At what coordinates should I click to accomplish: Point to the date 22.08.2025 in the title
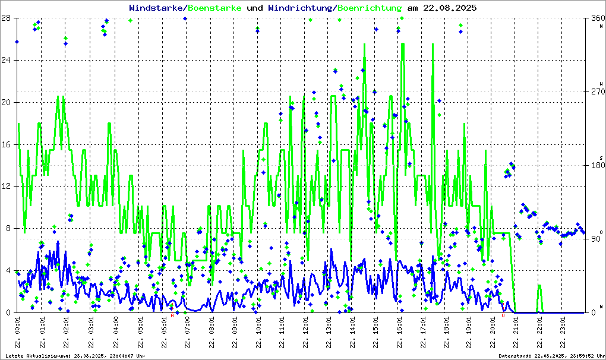click(x=449, y=8)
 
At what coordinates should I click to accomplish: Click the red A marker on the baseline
click(x=172, y=315)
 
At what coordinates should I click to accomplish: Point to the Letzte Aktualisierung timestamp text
click(x=75, y=356)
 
